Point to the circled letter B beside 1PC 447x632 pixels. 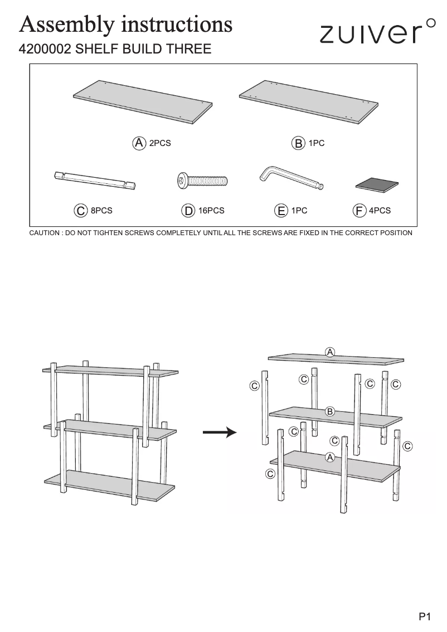point(299,143)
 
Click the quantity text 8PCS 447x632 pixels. point(101,211)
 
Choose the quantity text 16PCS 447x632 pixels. point(211,211)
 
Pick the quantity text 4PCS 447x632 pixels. point(380,211)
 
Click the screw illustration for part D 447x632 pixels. point(202,179)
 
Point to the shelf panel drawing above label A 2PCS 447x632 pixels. point(143,101)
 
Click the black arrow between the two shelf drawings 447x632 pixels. point(220,432)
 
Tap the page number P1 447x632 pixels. point(425,616)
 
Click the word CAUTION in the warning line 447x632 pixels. point(45,233)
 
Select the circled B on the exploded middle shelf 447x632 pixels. point(329,412)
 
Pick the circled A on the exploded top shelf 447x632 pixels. point(330,352)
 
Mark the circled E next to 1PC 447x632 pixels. point(281,211)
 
